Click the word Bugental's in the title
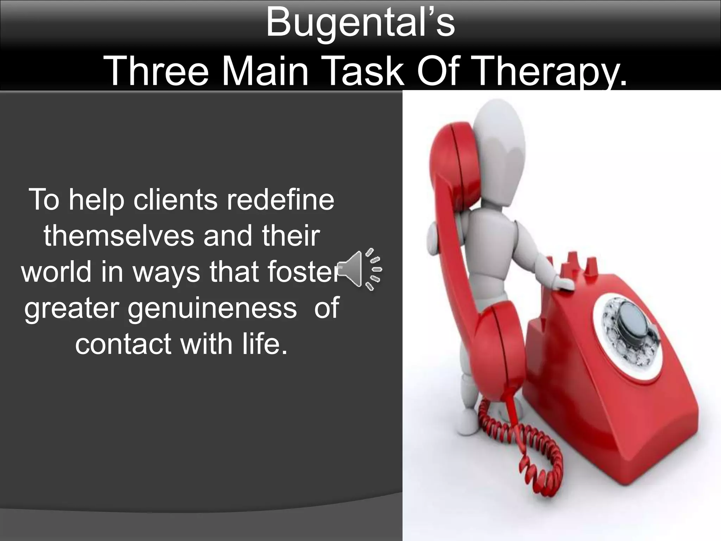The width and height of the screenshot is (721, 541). coord(360,23)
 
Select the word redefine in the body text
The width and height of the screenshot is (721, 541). coord(280,200)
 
